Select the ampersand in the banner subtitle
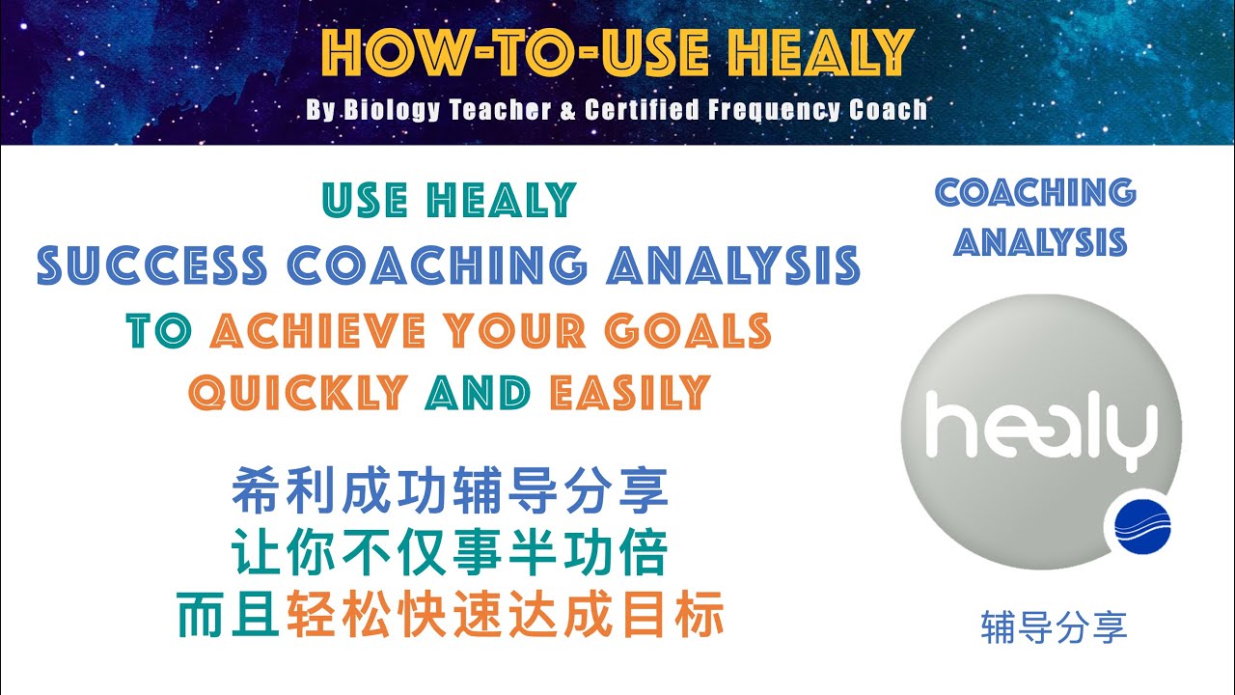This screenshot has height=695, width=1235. tap(566, 110)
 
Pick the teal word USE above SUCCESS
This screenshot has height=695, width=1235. tap(368, 201)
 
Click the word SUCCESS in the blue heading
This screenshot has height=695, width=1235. tap(151, 266)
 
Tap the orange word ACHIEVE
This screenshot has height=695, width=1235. tap(317, 332)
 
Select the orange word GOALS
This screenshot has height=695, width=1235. tap(688, 332)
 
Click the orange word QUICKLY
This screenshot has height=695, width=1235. tap(297, 393)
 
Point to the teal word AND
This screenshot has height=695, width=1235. tap(477, 393)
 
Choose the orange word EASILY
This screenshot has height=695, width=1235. tap(629, 393)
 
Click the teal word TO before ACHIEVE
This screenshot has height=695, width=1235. tap(160, 332)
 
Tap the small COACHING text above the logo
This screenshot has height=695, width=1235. tap(1035, 193)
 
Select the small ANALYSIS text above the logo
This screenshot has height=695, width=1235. tap(1040, 241)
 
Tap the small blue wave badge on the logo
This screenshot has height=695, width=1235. tap(1141, 527)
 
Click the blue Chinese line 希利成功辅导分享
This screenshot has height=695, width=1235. tap(450, 490)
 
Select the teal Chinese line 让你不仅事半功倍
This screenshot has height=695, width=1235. tap(450, 554)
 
